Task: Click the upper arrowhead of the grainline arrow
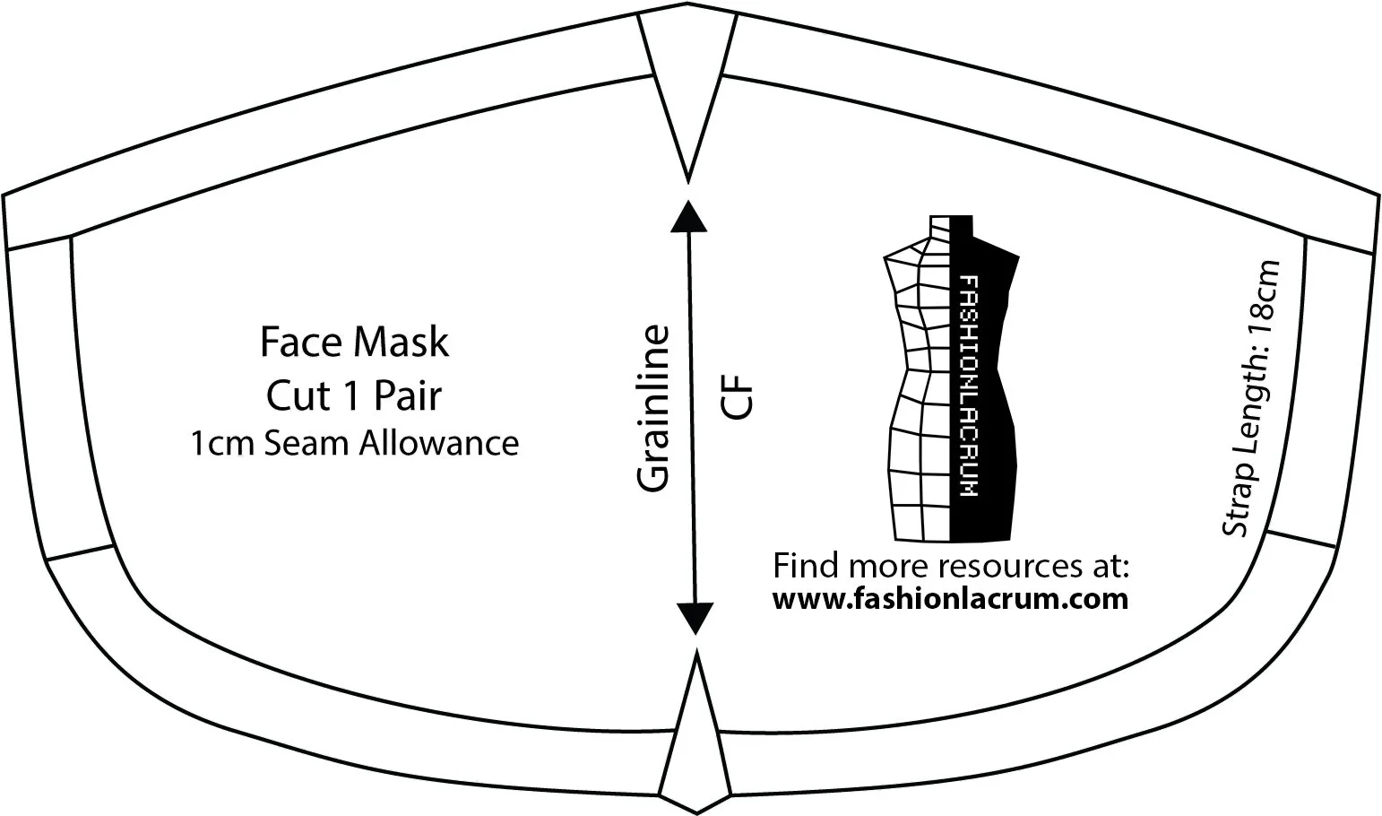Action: click(x=687, y=215)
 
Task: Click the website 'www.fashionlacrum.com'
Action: click(x=950, y=598)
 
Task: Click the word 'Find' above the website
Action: click(x=804, y=567)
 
